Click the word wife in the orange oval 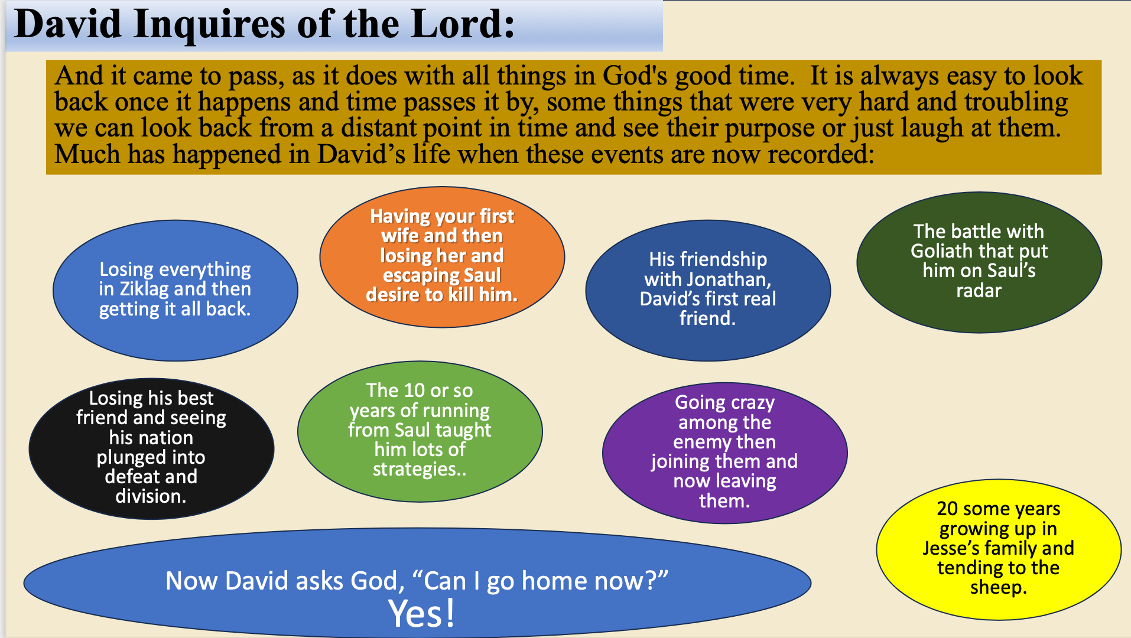(398, 236)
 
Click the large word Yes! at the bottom (422, 614)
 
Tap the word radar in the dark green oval (979, 291)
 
